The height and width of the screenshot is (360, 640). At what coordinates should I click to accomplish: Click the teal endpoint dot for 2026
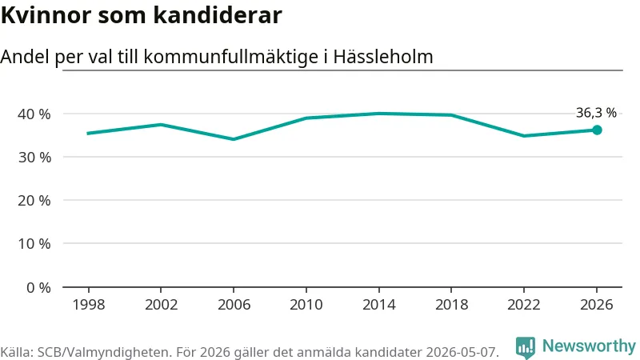click(597, 130)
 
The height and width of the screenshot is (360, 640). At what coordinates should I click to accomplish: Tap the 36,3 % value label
click(596, 113)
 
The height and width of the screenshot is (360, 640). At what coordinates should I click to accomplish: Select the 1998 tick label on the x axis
click(89, 305)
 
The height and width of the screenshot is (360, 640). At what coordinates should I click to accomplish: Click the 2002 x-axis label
click(162, 305)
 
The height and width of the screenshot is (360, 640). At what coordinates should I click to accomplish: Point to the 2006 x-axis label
click(234, 305)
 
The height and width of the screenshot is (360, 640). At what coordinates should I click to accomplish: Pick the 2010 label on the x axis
click(306, 305)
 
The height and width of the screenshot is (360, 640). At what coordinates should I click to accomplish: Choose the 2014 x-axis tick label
click(378, 305)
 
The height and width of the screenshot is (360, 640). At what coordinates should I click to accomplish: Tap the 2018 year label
click(451, 305)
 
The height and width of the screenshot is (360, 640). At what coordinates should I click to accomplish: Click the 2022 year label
click(524, 305)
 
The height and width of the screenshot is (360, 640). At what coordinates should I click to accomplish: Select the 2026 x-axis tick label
click(597, 305)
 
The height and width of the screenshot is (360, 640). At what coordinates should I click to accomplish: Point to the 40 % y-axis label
click(34, 114)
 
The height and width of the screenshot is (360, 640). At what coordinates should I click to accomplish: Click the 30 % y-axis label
click(34, 158)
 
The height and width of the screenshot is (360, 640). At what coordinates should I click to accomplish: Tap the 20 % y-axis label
click(34, 201)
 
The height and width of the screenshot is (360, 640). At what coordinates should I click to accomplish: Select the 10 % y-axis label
click(34, 244)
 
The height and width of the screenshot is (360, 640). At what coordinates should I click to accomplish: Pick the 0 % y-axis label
click(38, 288)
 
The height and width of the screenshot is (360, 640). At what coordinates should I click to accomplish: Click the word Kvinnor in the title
click(46, 15)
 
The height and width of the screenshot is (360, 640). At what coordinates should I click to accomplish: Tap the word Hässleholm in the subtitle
click(383, 57)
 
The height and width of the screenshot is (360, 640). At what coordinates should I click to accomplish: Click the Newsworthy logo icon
click(526, 348)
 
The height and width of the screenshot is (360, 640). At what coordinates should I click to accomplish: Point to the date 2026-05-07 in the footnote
click(462, 352)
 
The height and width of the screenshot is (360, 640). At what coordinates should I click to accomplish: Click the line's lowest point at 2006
click(234, 139)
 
